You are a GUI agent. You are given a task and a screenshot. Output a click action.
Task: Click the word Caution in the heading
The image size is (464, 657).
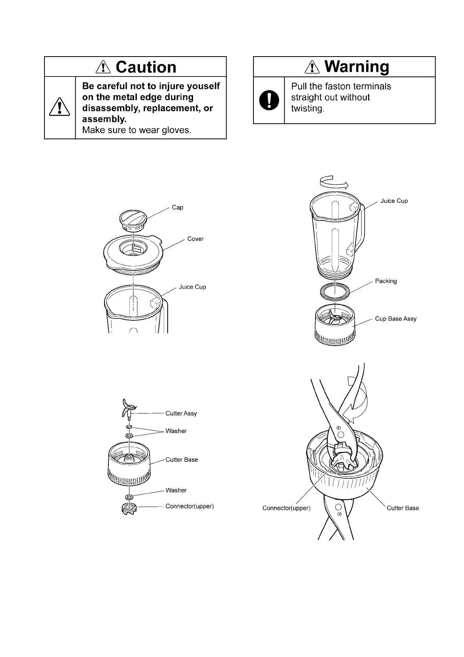[146, 67]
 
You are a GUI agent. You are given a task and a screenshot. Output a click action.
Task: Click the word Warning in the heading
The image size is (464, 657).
[356, 67]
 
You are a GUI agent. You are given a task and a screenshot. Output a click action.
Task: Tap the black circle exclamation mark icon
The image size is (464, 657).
[269, 100]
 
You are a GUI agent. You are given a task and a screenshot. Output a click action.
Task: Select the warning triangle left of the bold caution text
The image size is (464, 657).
[60, 107]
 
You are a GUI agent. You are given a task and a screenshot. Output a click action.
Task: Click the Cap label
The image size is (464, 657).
[177, 208]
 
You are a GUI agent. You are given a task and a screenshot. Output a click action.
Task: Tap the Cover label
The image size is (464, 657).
[195, 239]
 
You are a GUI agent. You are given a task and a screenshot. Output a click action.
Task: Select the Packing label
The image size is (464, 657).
[386, 281]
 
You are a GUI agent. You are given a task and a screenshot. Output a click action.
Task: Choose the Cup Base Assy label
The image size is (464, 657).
[395, 319]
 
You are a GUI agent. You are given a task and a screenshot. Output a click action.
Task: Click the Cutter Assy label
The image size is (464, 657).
[181, 414]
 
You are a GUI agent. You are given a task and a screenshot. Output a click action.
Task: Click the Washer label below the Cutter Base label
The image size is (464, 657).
[176, 490]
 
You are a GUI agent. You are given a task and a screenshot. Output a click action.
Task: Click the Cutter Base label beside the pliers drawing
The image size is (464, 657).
[402, 508]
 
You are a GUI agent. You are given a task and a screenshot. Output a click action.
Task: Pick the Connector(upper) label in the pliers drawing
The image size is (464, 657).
[286, 508]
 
